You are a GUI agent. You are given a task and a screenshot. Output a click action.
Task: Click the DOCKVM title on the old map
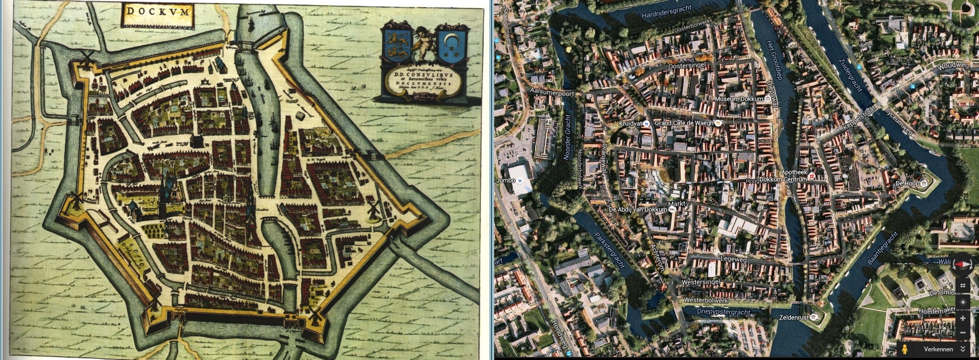(x=158, y=11)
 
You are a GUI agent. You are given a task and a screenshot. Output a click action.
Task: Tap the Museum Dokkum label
(x=739, y=99)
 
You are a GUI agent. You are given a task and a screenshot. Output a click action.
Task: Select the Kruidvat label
(x=630, y=123)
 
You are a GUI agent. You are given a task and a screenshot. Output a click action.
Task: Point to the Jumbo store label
(x=505, y=180)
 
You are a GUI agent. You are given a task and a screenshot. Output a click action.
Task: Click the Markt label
(x=676, y=203)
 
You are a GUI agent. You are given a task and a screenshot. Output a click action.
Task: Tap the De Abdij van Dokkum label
(x=637, y=209)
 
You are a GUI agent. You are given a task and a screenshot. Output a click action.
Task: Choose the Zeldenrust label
(x=793, y=317)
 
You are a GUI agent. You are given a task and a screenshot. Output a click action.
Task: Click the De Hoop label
(x=907, y=183)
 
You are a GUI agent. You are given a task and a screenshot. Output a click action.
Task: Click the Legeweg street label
(x=733, y=259)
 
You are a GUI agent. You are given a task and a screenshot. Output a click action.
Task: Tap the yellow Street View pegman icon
(x=905, y=349)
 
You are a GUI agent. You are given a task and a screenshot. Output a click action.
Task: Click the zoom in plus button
(x=963, y=319)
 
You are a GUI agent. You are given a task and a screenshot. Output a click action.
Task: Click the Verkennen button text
(x=938, y=349)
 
